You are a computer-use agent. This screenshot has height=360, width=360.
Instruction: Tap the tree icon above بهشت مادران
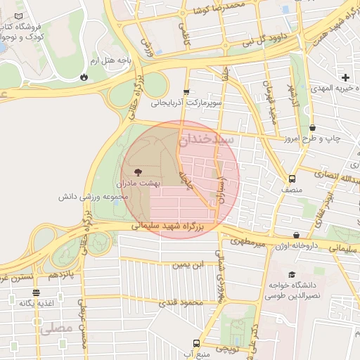pyautogui.click(x=136, y=171)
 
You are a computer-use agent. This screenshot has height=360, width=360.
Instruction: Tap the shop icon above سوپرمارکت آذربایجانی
pyautogui.click(x=186, y=91)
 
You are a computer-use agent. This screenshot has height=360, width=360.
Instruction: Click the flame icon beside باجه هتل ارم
pyautogui.click(x=85, y=76)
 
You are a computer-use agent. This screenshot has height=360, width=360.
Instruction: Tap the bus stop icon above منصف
pyautogui.click(x=292, y=179)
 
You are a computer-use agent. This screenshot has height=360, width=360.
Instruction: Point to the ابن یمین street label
pyautogui.click(x=189, y=264)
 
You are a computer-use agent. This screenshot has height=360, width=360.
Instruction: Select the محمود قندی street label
pyautogui.click(x=181, y=302)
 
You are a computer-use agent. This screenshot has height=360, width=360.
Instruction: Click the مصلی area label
pyautogui.click(x=56, y=328)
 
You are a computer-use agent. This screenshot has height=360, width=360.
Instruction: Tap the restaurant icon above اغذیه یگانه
pyautogui.click(x=36, y=292)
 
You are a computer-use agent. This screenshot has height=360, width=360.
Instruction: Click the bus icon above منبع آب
pyautogui.click(x=195, y=343)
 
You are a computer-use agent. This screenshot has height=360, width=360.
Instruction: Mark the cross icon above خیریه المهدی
pyautogui.click(x=345, y=77)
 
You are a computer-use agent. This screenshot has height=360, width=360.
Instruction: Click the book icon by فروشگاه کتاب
pyautogui.click(x=18, y=15)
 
